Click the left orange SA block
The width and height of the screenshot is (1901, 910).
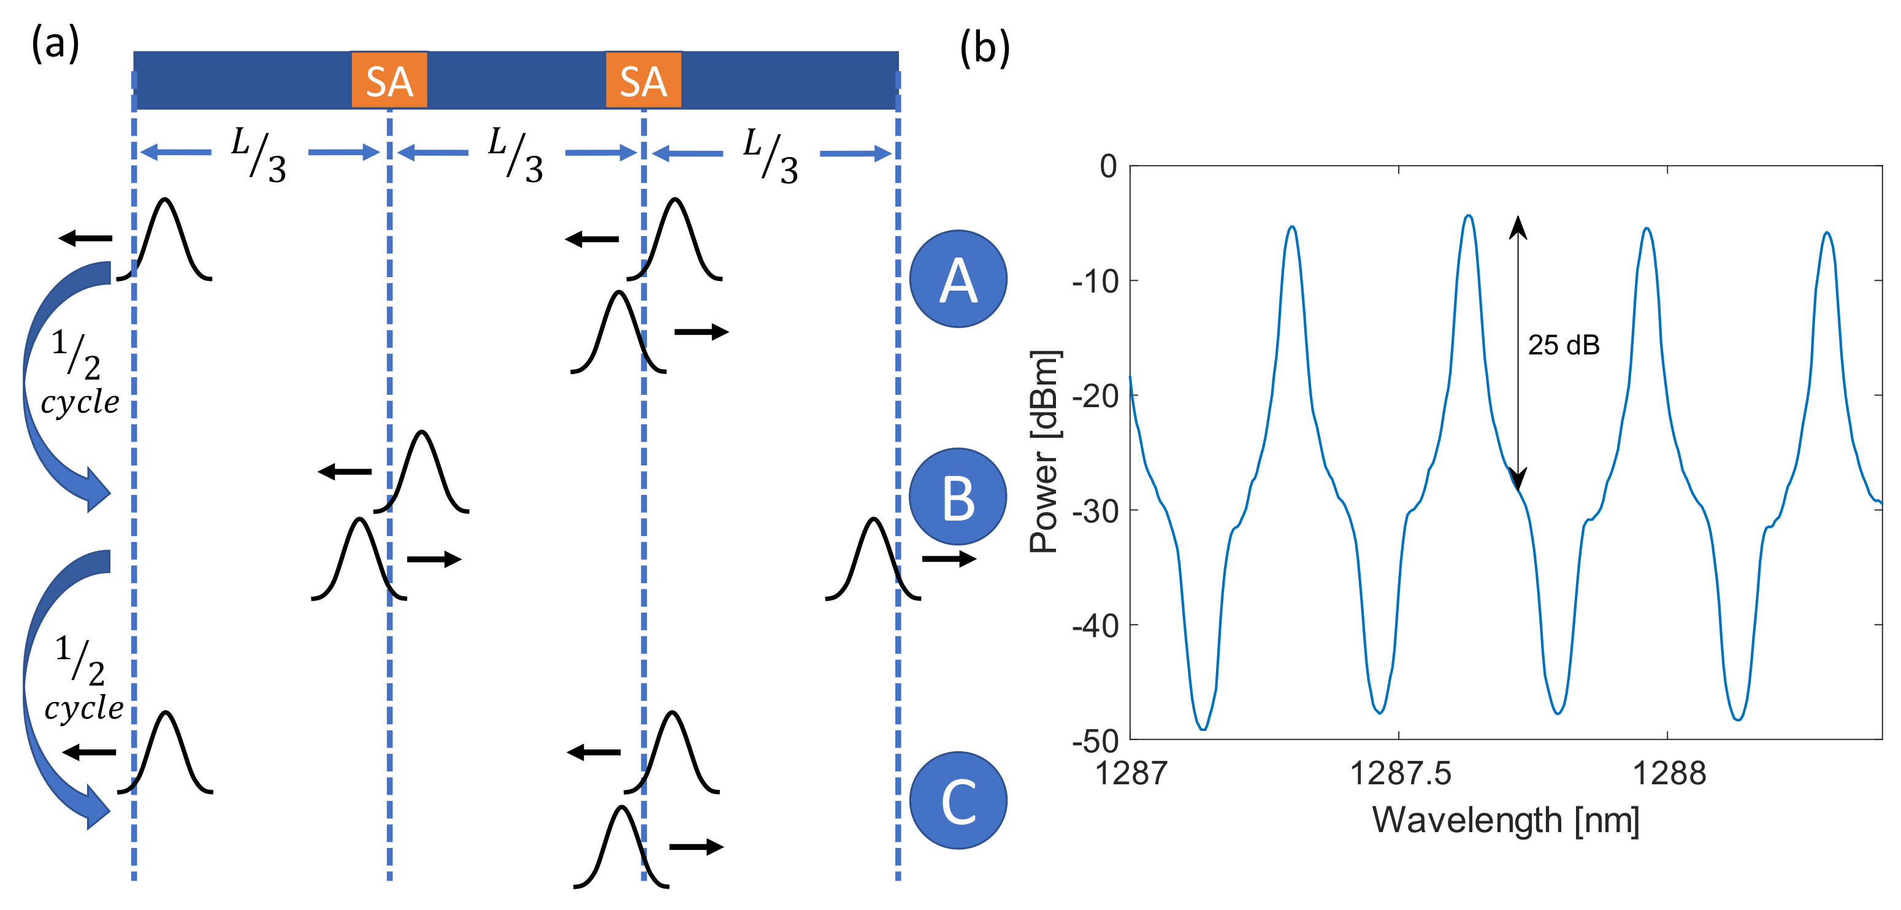click(389, 80)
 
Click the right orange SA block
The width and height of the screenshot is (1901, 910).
click(643, 80)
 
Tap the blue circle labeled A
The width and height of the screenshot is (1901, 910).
click(958, 279)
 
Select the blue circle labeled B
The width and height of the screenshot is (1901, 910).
click(958, 497)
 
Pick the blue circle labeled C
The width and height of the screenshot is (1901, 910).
click(958, 800)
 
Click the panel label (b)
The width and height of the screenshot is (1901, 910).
click(984, 48)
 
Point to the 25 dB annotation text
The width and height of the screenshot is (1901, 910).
click(1563, 345)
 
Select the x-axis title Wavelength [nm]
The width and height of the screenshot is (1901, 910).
click(1505, 820)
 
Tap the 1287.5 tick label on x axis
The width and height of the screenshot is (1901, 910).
click(1400, 773)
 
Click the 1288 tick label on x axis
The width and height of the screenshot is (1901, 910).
click(1669, 773)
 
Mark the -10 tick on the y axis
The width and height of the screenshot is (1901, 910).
click(1095, 281)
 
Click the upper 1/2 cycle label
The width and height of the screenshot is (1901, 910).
click(80, 373)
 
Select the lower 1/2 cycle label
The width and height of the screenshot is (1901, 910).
click(83, 678)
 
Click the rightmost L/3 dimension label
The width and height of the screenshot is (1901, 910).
click(770, 155)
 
